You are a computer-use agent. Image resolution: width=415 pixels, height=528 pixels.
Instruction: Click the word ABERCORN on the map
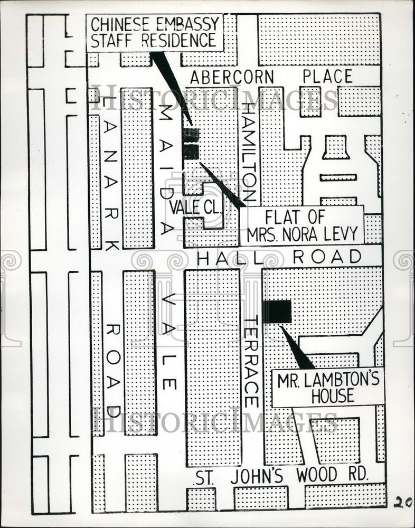(232, 77)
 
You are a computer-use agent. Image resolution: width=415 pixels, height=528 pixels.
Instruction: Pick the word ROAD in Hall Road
(327, 257)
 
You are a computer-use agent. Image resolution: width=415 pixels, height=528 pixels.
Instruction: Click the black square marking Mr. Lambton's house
(277, 312)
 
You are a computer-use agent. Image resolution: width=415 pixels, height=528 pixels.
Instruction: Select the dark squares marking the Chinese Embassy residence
(191, 144)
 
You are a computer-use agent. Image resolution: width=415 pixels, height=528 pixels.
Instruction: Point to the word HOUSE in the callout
(333, 397)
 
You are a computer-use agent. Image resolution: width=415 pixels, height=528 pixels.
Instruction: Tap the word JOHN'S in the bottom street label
(254, 476)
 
